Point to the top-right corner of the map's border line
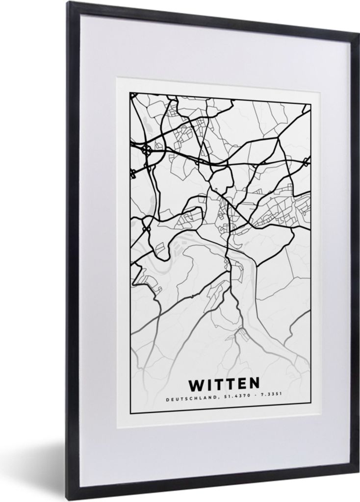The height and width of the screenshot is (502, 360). (x=311, y=103)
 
